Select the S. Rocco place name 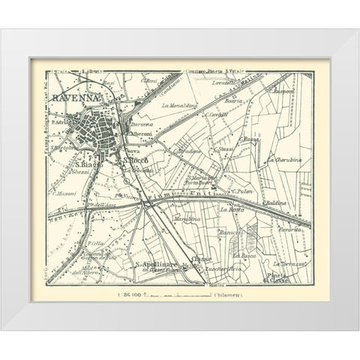click(x=136, y=160)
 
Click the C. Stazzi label click(x=223, y=151)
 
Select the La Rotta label click(x=229, y=211)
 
